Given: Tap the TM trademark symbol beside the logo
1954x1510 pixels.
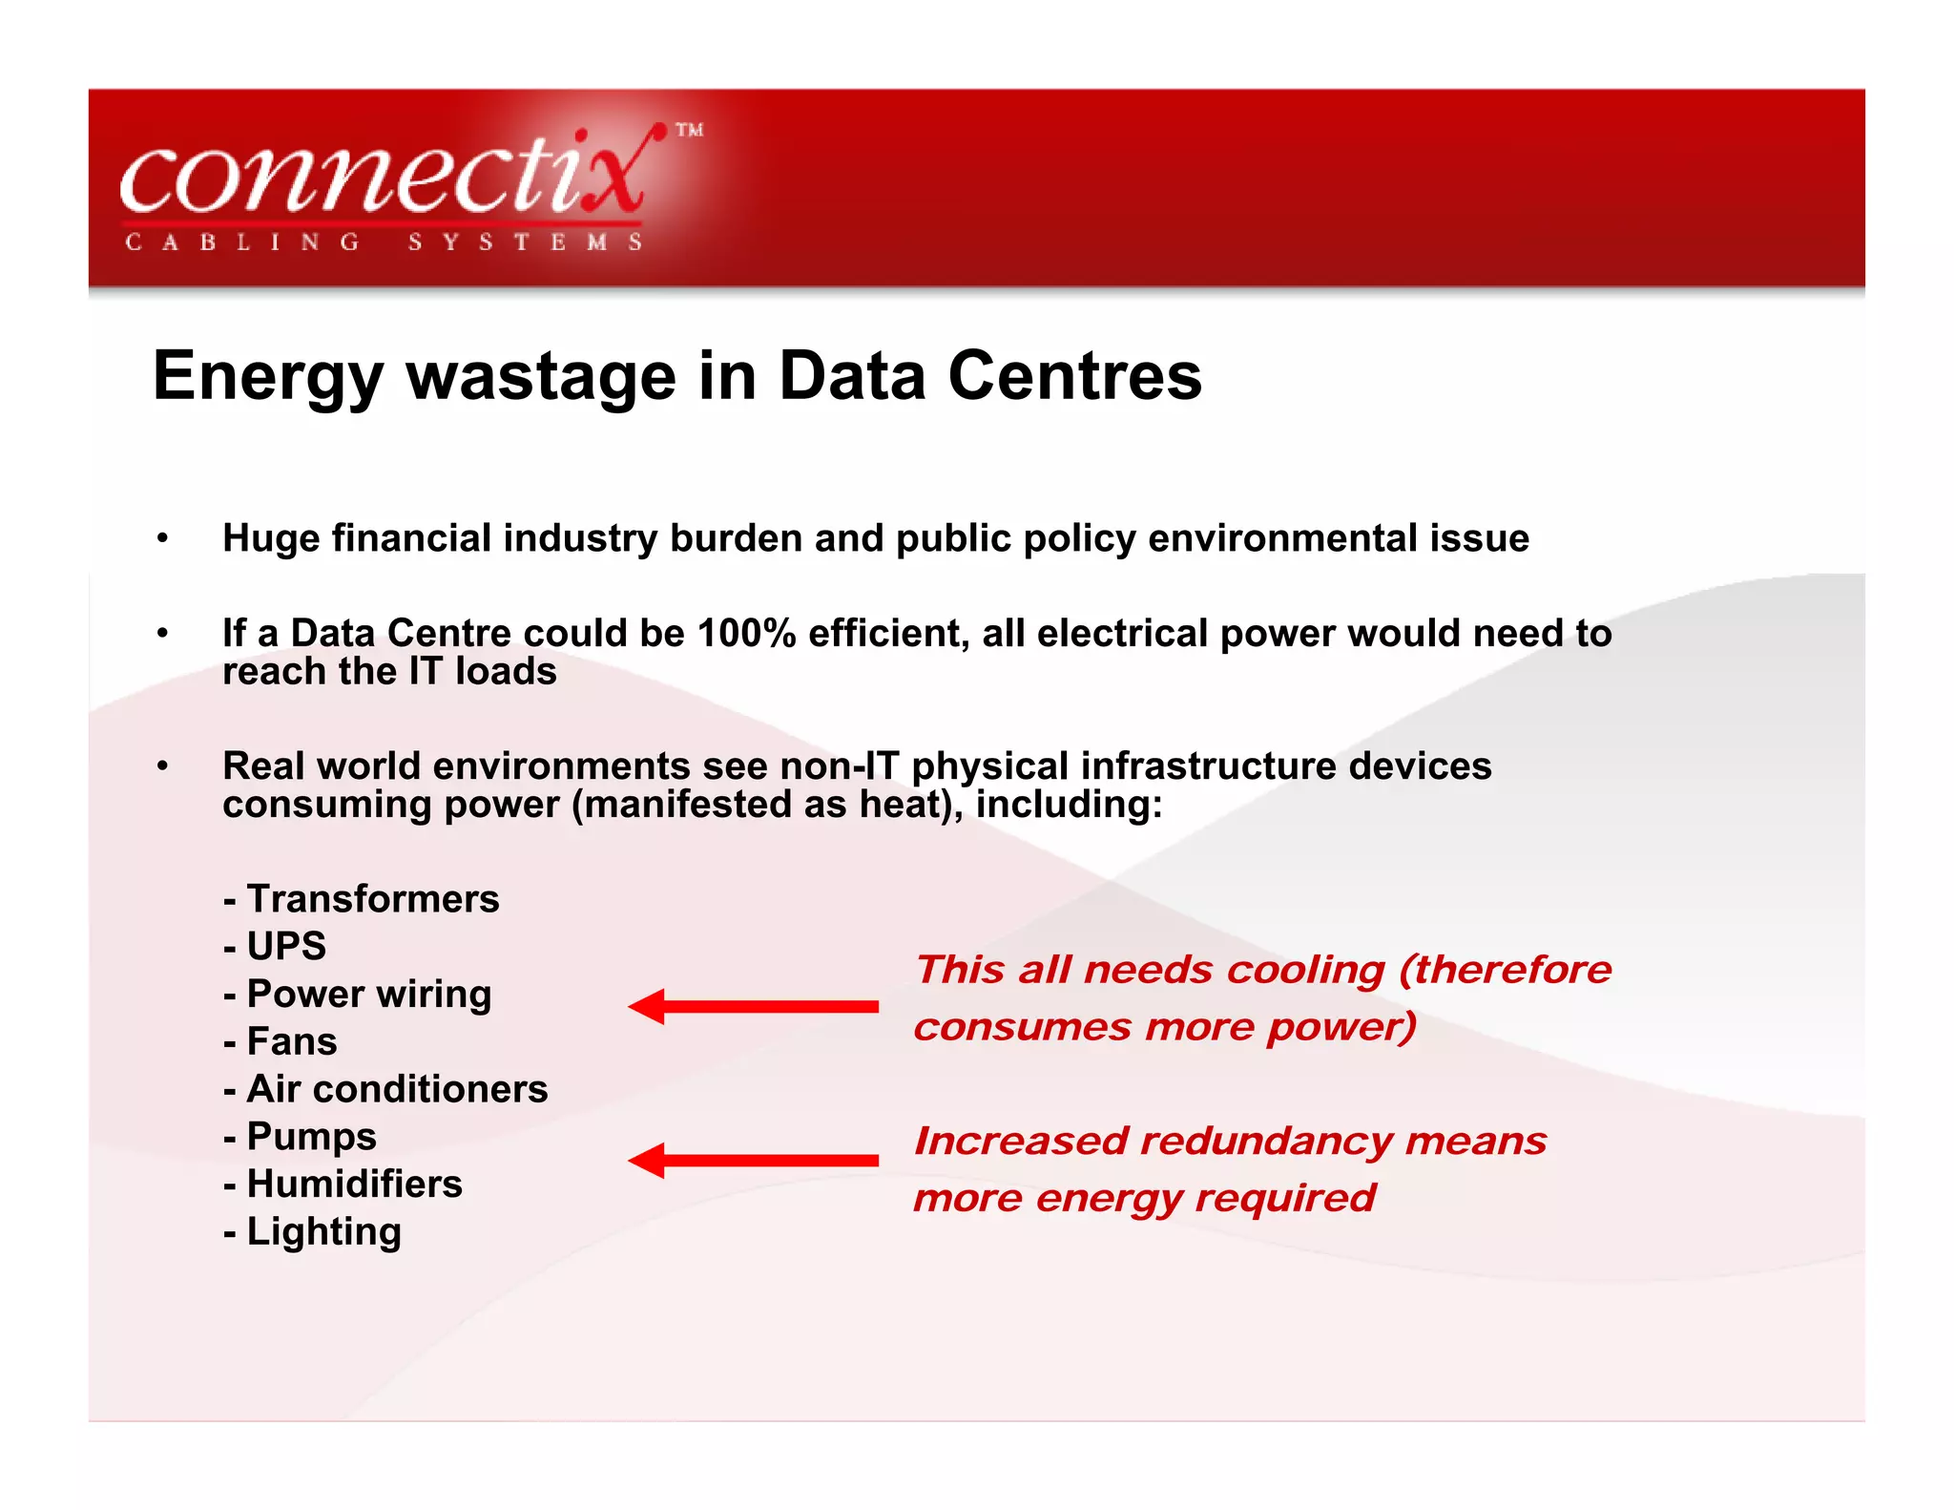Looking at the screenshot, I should coord(689,131).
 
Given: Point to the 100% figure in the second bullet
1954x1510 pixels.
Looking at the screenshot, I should coord(746,634).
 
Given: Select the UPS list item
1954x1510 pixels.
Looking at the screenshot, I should coord(286,947).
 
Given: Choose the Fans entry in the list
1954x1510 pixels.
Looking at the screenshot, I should coord(291,1041).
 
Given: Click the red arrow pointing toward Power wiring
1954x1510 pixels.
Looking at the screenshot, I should coord(753,1007).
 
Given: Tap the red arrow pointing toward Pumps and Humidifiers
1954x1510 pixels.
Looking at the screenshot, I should coord(753,1161).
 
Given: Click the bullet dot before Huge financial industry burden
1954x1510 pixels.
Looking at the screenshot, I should coord(163,539).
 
